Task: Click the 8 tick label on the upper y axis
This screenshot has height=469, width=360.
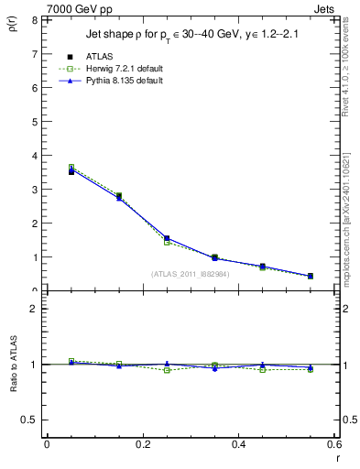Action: click(x=34, y=19)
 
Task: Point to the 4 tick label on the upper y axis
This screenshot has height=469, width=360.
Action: click(x=34, y=156)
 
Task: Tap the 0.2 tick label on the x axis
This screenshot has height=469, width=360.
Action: click(x=142, y=443)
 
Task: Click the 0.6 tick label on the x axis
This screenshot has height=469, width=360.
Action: click(x=333, y=443)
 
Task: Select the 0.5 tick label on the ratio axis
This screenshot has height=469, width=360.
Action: click(x=30, y=420)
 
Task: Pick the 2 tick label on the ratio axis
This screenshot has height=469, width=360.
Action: click(x=34, y=309)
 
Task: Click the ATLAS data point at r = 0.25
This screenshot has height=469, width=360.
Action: click(x=167, y=238)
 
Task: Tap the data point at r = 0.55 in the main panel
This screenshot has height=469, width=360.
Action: click(x=311, y=276)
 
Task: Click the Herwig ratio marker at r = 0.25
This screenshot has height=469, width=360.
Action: click(x=167, y=370)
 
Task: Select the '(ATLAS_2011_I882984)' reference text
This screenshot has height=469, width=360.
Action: click(x=190, y=273)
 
